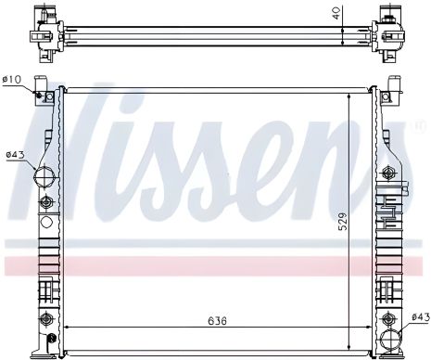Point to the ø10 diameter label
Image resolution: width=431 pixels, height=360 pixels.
coord(12,79)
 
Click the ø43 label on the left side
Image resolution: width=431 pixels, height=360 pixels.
coord(14,154)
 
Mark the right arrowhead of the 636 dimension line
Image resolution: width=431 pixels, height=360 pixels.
coord(374,329)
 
